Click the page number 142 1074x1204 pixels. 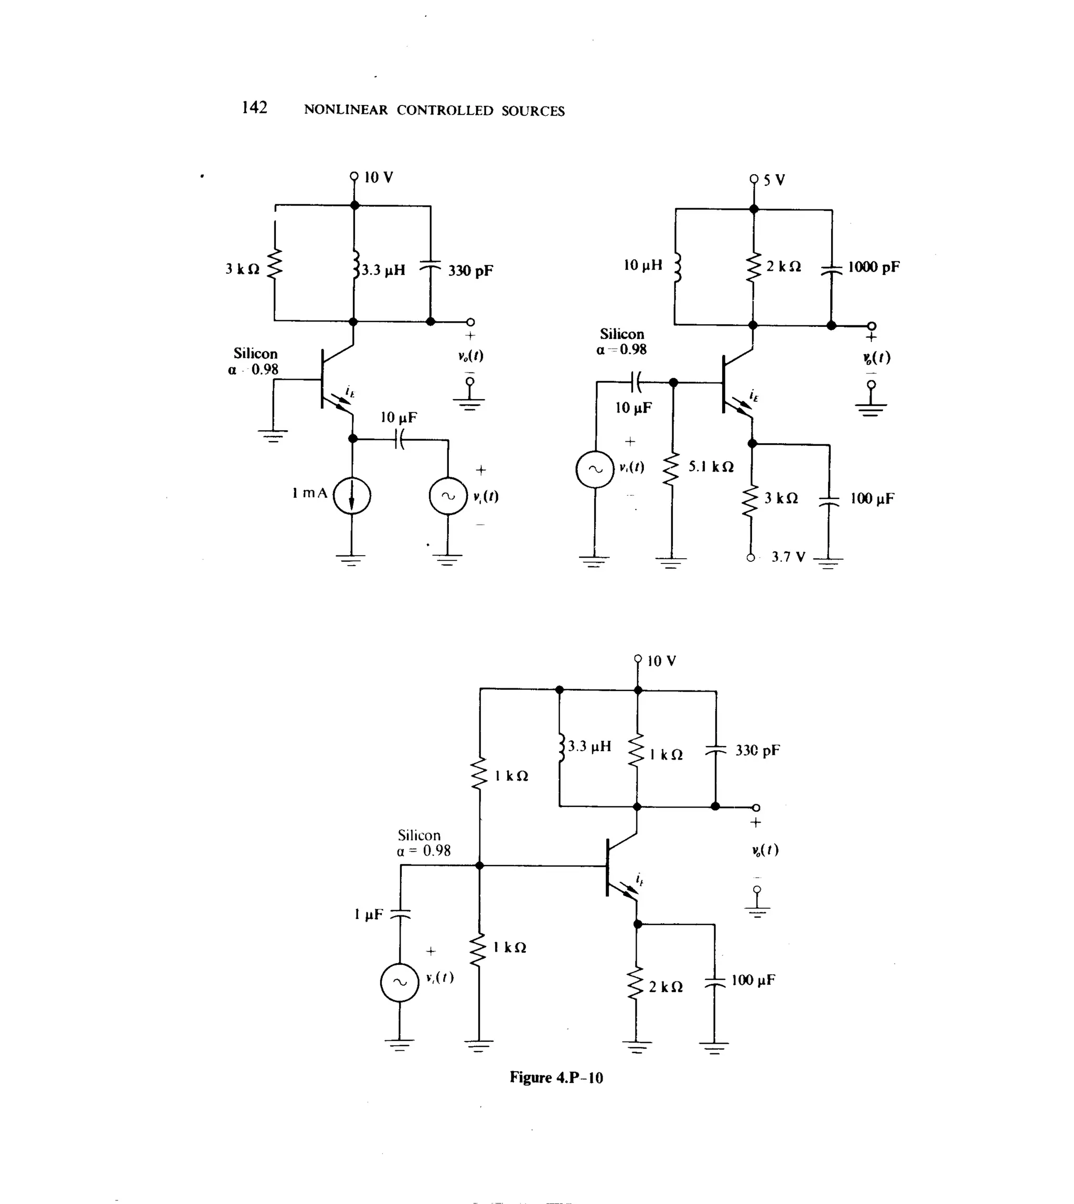[254, 108]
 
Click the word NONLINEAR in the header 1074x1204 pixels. [346, 110]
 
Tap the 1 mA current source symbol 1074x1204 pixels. [352, 496]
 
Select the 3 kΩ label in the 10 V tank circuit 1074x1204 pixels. [242, 269]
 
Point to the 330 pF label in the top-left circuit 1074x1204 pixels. [470, 271]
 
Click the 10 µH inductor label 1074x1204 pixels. [642, 265]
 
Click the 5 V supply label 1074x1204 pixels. [774, 180]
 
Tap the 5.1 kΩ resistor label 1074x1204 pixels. [711, 467]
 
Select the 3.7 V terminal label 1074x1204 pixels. [788, 557]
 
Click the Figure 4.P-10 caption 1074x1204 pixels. [556, 1078]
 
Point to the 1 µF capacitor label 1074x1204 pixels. [368, 914]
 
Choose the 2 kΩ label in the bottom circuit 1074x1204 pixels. [665, 987]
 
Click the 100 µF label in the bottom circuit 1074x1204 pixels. [753, 980]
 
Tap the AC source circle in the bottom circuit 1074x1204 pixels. [400, 983]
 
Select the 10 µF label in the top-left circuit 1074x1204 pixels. [399, 418]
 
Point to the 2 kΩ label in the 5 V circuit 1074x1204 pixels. [783, 266]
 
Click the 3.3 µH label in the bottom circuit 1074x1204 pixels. [589, 746]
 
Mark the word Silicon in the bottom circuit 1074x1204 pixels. [419, 835]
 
